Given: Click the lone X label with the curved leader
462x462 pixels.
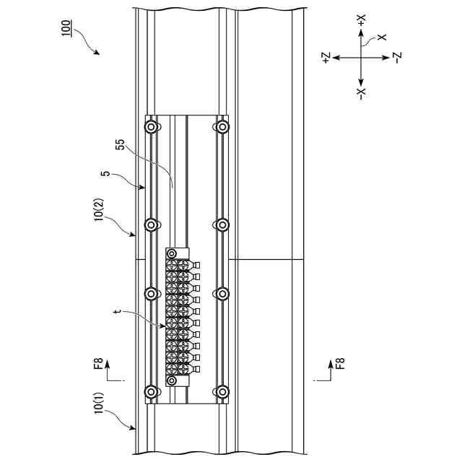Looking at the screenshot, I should click(382, 37).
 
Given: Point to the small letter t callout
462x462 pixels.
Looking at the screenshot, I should click(117, 313).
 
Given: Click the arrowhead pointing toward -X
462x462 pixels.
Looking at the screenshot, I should click(362, 81).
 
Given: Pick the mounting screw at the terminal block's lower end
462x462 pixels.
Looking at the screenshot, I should click(172, 379).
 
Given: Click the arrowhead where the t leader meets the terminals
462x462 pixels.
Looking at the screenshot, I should click(166, 326).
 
